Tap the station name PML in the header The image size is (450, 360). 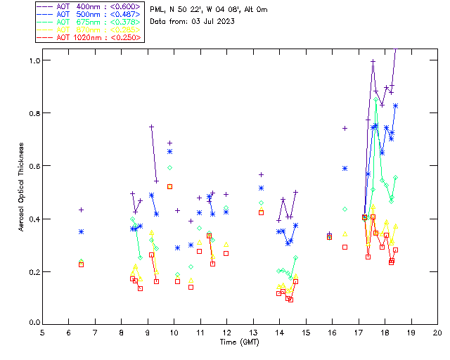tap(157, 10)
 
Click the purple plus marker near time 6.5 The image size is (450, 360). tap(82, 210)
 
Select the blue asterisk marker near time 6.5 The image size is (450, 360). tap(82, 231)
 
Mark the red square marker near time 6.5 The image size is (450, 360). tap(82, 264)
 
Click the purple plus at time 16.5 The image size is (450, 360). tap(345, 128)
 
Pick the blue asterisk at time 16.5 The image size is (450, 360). tap(345, 168)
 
